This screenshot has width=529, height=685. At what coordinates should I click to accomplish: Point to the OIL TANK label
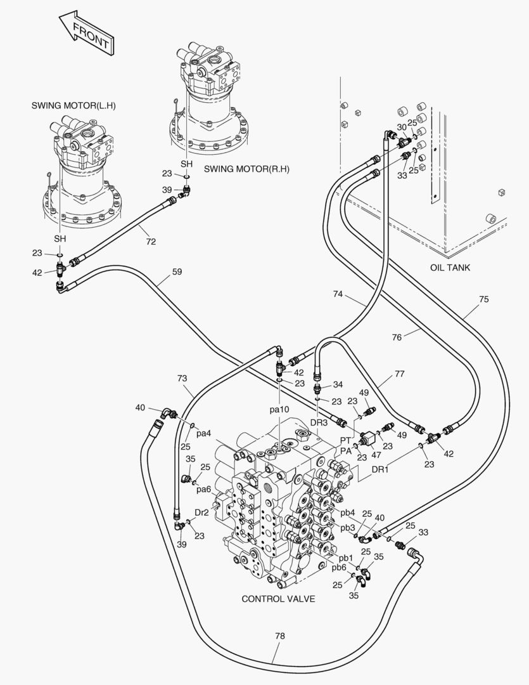450,268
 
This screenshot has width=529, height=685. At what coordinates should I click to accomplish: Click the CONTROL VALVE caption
278,599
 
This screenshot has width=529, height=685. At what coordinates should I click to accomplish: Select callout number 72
150,242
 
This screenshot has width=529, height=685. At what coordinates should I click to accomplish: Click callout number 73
182,379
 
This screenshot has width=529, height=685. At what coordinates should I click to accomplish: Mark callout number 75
483,299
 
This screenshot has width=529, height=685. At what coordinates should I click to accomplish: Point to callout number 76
397,337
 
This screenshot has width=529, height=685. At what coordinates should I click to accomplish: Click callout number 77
400,374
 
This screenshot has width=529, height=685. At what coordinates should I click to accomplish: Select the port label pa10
279,410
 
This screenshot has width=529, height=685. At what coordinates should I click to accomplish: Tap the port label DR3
319,422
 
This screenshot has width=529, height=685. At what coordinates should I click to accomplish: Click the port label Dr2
202,512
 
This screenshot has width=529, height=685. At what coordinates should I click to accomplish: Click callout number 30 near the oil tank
401,127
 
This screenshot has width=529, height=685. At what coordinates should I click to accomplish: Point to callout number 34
338,384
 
